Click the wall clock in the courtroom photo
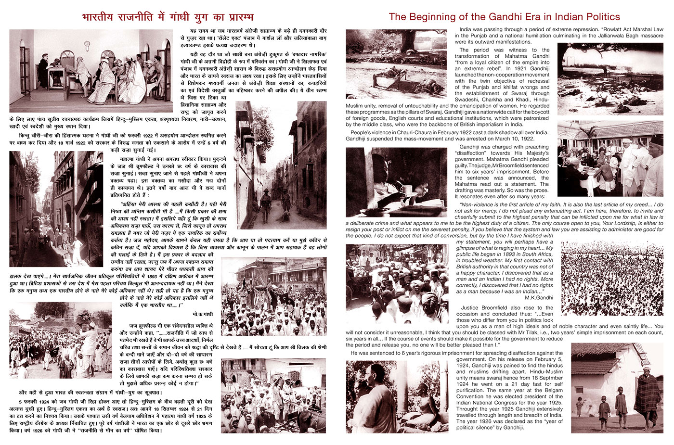pos(87,44)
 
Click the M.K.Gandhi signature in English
pos(539,298)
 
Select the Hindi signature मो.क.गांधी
pos(202,314)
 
